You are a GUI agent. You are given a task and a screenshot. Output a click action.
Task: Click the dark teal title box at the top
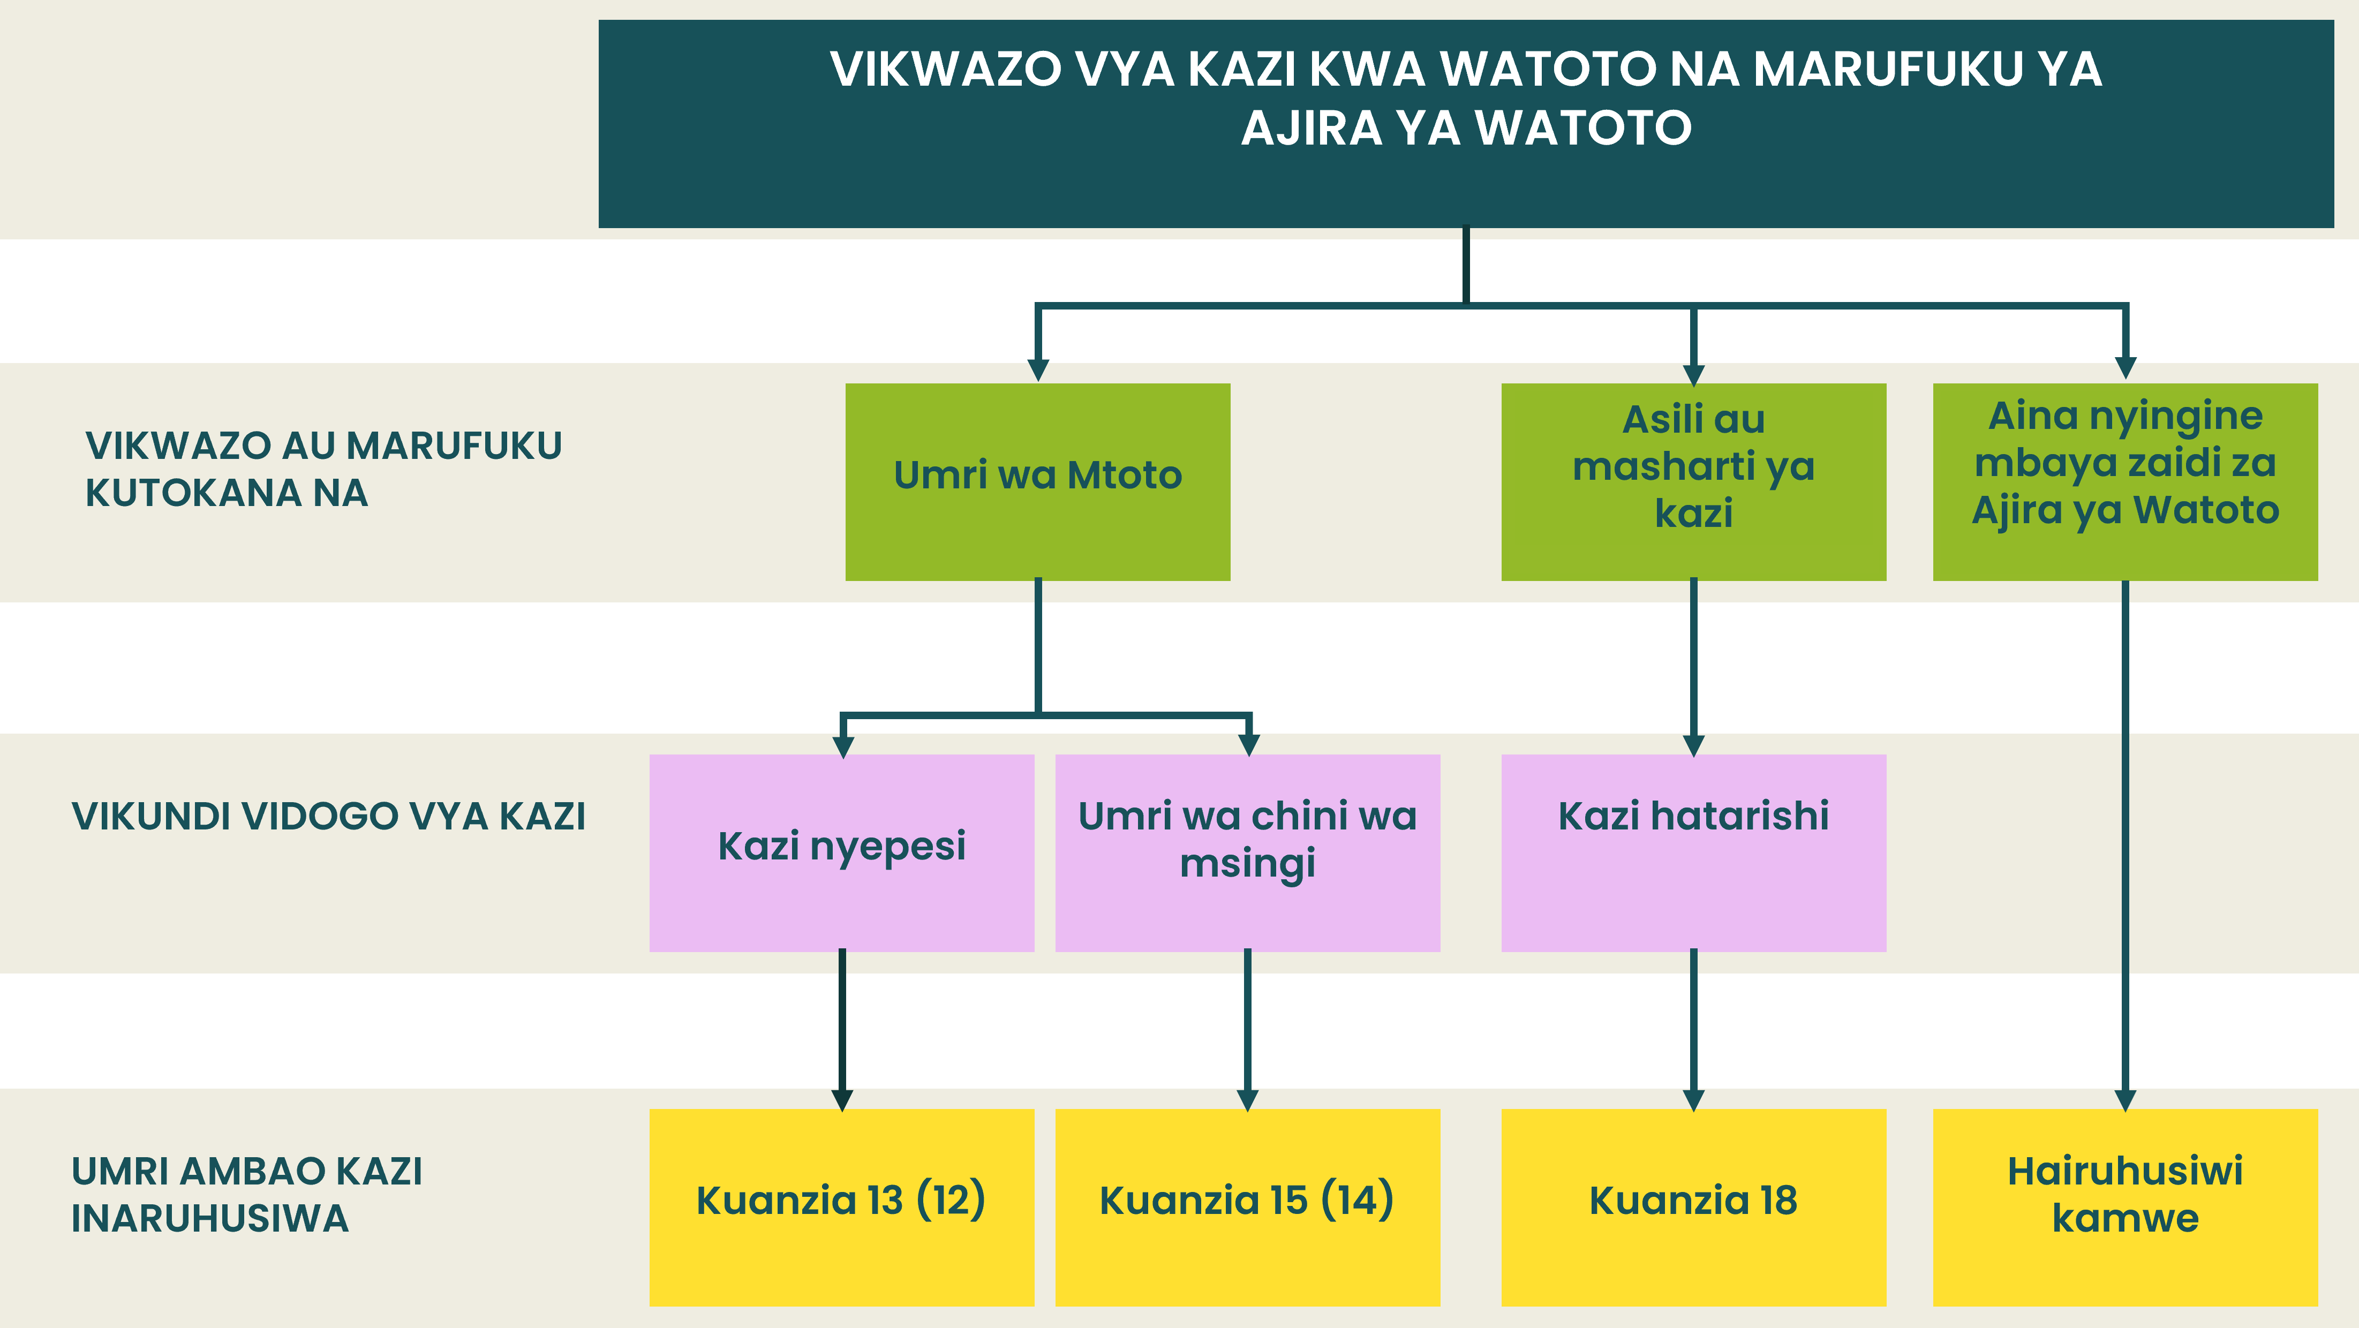[1466, 124]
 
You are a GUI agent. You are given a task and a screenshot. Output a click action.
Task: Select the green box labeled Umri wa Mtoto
[1037, 482]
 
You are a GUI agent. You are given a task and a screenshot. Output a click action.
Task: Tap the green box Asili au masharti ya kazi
[1693, 482]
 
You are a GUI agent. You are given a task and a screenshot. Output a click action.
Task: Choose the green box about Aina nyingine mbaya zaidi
[2126, 482]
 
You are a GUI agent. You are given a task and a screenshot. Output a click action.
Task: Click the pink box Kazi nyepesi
[842, 852]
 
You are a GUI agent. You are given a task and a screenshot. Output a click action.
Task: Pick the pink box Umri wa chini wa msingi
[1247, 852]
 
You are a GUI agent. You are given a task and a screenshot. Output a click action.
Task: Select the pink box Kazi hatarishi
[1693, 852]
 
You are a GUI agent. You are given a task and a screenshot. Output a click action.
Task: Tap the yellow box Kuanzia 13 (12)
[842, 1207]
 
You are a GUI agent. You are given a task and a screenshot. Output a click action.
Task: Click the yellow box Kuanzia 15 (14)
[1247, 1207]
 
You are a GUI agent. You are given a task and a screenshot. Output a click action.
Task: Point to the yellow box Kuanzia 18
[1693, 1207]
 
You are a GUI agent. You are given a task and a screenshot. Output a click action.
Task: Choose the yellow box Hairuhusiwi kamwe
[2126, 1207]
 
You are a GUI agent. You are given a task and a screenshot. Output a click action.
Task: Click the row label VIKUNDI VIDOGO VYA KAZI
[329, 816]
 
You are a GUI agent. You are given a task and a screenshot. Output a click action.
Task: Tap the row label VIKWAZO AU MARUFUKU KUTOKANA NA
[323, 469]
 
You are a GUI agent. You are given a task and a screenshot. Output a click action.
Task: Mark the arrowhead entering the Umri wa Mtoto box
[1037, 370]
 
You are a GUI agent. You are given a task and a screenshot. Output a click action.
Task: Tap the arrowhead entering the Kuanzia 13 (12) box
[842, 1100]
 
